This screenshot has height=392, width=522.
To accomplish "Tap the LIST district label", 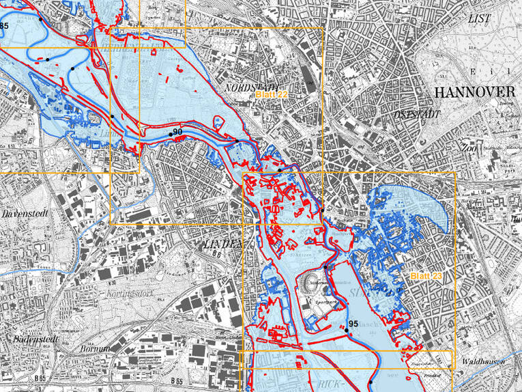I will (479, 19).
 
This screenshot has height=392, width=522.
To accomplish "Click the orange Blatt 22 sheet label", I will (272, 95).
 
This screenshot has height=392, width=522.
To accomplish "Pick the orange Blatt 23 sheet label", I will (426, 276).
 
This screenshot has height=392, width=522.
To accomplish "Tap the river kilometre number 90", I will (177, 131).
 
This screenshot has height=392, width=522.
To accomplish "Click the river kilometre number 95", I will (353, 324).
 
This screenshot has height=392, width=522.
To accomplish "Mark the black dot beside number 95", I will (346, 331).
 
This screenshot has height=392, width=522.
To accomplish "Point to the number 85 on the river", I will (4, 26).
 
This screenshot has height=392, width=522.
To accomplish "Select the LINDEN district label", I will (223, 243).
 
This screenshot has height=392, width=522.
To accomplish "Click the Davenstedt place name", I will (24, 214).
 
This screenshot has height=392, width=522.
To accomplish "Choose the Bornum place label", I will (96, 349).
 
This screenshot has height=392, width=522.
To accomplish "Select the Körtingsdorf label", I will (132, 294).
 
